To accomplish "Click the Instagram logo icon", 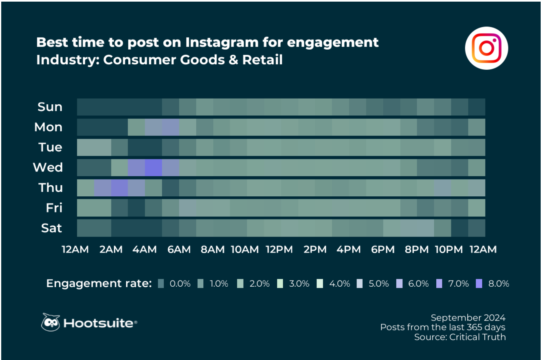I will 486,48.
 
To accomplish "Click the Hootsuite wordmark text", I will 99,324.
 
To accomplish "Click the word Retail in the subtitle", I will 262,60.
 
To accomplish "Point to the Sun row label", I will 50,107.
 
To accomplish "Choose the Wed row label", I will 48,167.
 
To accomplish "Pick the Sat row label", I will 51,228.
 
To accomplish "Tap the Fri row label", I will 54,208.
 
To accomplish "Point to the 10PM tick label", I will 449,249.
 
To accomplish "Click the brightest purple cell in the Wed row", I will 153,167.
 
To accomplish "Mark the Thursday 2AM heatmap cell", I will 119,188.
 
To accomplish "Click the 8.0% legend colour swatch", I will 479,284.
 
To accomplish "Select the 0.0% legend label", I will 180,284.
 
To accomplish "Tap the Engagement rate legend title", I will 99,283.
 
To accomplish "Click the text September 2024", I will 468,318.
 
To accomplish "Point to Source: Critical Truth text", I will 460,337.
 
